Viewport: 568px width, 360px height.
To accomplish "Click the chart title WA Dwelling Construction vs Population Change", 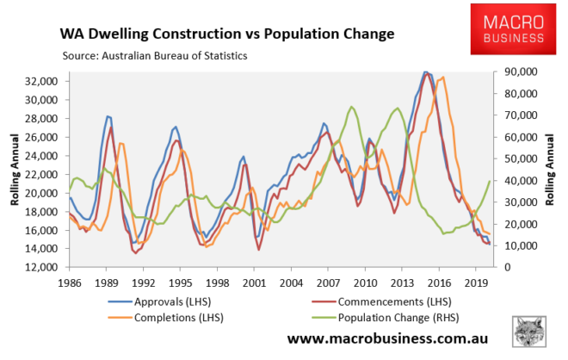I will click(226, 34).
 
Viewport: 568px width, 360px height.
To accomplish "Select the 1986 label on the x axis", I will click(71, 282).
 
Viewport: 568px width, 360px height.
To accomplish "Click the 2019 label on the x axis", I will click(476, 282).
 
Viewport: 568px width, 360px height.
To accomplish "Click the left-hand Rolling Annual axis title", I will click(15, 174).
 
